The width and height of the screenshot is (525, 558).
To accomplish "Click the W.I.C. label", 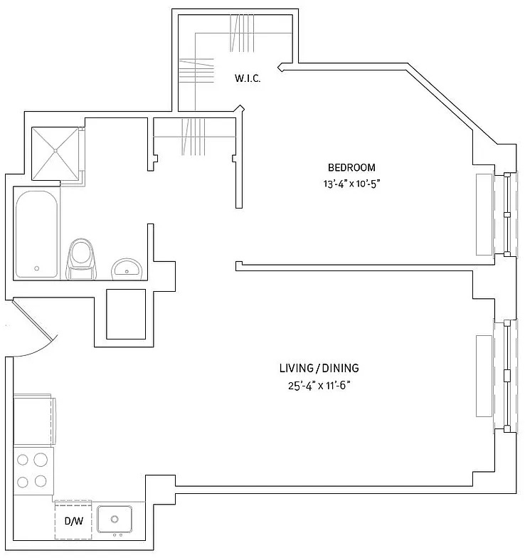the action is point(248,78).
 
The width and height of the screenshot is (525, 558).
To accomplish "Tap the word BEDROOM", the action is point(351,167).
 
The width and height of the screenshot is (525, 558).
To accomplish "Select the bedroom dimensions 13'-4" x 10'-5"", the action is point(351,184).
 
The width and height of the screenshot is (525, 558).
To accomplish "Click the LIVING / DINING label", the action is point(319,368).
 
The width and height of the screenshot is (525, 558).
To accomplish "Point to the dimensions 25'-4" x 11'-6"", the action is point(319,386).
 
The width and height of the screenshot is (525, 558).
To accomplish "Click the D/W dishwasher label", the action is point(74,521).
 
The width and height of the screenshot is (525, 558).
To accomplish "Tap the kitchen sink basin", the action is point(115,520).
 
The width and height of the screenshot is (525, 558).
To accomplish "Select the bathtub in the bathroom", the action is point(36,235).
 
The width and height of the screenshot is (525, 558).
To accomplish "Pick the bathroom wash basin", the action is point(127,269).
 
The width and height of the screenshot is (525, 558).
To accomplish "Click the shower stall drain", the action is point(55,151).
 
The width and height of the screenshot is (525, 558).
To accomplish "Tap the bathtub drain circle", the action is point(36,269).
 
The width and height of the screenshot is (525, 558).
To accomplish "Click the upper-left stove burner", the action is point(23,460).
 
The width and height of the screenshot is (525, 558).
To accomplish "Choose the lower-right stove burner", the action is point(41,481).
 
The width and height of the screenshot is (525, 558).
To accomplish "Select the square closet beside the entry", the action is point(126,314).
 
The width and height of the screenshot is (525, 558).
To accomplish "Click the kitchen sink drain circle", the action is point(115,520).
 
